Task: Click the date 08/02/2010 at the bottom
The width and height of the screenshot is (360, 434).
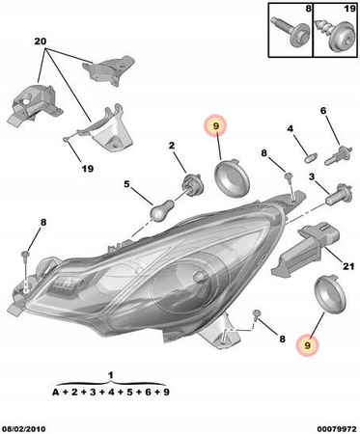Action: [23, 429]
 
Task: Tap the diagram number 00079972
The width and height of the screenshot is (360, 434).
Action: [337, 429]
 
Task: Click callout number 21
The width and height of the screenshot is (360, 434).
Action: [348, 266]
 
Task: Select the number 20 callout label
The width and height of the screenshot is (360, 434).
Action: [41, 41]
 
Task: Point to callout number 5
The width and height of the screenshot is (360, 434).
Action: [126, 184]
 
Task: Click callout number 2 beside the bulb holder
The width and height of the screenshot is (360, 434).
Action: [172, 146]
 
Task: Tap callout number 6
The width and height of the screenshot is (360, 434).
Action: [323, 111]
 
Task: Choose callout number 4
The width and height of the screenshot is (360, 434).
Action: [291, 129]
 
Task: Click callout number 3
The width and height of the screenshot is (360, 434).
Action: [312, 176]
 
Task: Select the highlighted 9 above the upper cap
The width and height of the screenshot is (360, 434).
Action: [215, 125]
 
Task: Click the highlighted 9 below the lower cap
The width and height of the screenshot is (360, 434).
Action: [308, 346]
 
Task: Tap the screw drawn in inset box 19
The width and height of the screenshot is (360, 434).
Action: [333, 33]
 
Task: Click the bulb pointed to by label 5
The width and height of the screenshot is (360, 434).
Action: [163, 209]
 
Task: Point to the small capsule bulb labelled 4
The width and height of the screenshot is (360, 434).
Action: [311, 158]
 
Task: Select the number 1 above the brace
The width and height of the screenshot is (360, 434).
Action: [110, 375]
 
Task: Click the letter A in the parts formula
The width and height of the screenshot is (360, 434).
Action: [56, 392]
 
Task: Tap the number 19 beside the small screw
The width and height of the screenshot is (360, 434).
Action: [87, 168]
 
